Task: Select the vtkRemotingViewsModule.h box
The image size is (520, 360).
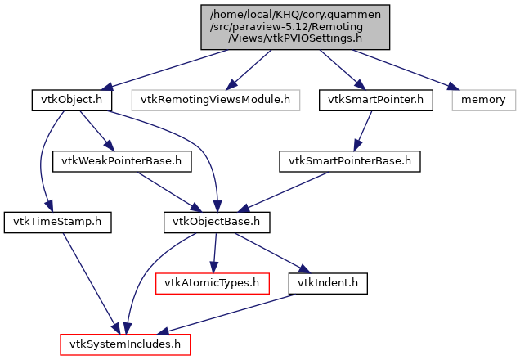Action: click(216, 100)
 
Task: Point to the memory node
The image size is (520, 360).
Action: click(483, 100)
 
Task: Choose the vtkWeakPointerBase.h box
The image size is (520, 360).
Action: click(122, 160)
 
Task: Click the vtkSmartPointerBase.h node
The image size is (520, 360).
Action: click(350, 160)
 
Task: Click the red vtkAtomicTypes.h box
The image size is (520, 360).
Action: click(212, 282)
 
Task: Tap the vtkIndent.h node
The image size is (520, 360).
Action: click(328, 282)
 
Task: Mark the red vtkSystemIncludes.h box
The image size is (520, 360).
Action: click(125, 344)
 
